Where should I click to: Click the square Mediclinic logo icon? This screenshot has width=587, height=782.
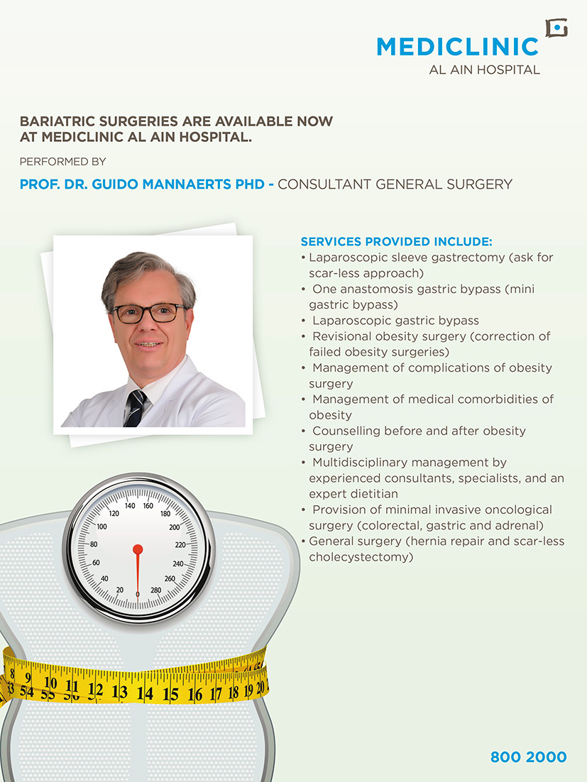click(x=556, y=28)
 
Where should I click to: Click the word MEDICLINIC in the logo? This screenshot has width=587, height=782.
click(x=457, y=47)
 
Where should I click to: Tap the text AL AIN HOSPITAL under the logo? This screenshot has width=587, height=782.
click(x=485, y=70)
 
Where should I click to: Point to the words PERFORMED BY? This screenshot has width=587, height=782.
click(x=62, y=162)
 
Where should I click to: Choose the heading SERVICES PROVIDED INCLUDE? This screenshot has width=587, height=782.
click(x=396, y=241)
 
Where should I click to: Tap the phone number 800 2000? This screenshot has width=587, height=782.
click(x=528, y=757)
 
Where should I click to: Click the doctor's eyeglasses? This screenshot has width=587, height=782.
click(x=150, y=313)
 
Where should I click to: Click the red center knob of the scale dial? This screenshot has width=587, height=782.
click(x=138, y=549)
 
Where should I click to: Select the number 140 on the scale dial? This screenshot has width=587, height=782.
click(x=130, y=506)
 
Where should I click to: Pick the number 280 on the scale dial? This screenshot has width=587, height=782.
click(x=156, y=590)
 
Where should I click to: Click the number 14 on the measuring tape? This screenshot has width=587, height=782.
click(x=144, y=693)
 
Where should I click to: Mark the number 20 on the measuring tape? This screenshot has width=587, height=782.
click(x=261, y=687)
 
